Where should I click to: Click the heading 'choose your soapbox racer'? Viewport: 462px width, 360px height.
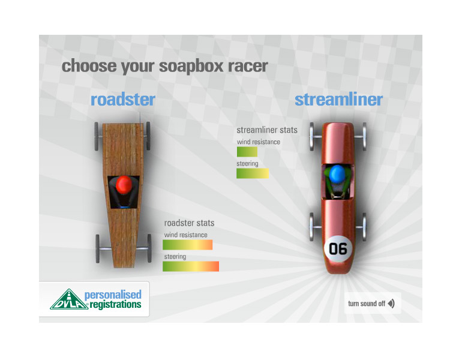coord(165,67)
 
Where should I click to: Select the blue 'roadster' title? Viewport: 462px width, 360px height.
coord(123,100)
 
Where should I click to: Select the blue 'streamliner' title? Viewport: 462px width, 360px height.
coord(339,100)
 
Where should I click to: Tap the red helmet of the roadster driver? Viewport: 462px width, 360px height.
coord(124,185)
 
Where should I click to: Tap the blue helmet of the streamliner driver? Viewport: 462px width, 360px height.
coord(337,173)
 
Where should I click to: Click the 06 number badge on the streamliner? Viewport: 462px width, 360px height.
coord(338,248)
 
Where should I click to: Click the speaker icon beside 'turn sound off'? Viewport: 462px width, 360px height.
coord(391,304)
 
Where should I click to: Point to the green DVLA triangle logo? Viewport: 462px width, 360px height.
coord(69,299)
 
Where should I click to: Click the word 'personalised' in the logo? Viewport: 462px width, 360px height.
coord(113,295)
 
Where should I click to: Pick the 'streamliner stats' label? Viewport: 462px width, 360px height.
coord(267,130)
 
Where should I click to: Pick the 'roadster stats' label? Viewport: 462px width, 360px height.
coord(189,223)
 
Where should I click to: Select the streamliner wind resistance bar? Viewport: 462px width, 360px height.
coord(247,152)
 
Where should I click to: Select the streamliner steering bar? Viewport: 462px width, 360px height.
coord(253,173)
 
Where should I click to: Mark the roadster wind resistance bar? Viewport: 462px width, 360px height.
coord(188,245)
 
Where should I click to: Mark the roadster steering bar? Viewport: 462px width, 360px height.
coord(191,266)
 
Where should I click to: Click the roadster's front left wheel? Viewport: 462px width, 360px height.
coord(97,136)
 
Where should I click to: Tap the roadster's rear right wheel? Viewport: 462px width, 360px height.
coord(149,248)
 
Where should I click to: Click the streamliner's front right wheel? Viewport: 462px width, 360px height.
coord(364,137)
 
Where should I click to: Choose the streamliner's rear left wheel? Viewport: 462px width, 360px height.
coord(312,227)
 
